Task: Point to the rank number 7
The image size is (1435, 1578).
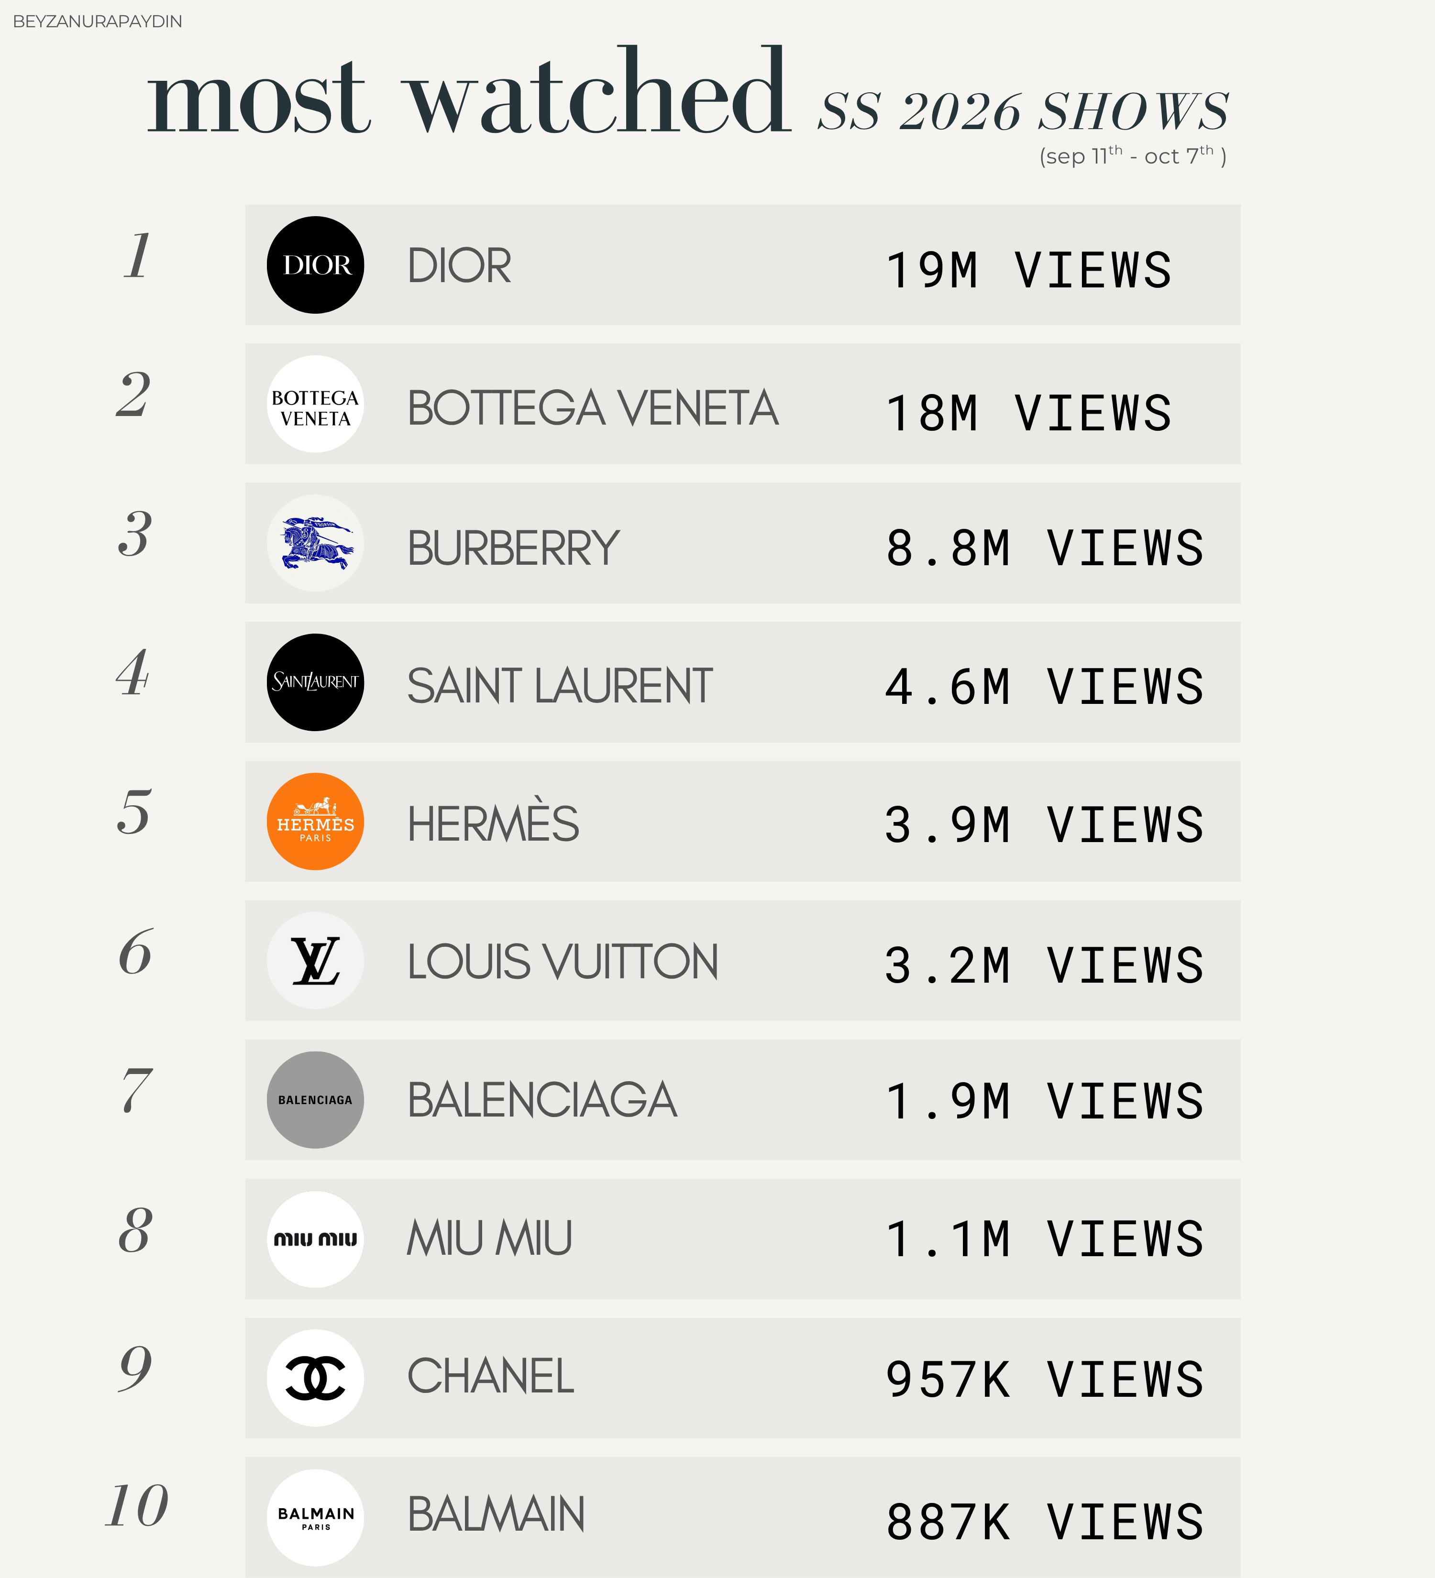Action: (x=136, y=1090)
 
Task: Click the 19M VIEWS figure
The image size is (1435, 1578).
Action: (x=1028, y=270)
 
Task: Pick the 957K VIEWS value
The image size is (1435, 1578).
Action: (x=1044, y=1379)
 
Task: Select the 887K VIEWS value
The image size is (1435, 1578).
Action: (x=1044, y=1522)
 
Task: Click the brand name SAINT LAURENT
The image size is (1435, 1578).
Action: (x=559, y=686)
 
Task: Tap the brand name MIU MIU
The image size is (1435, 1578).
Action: (x=489, y=1238)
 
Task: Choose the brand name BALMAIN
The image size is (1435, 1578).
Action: (x=496, y=1514)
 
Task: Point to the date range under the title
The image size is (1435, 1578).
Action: (x=1132, y=156)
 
